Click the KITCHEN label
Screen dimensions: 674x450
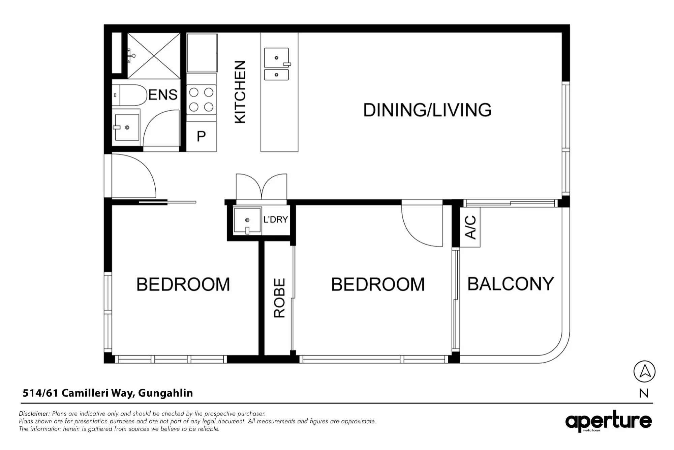(240, 92)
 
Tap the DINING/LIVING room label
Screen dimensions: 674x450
(427, 110)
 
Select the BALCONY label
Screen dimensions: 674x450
(511, 284)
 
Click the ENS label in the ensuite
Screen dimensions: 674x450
(163, 94)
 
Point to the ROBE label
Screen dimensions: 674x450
(279, 298)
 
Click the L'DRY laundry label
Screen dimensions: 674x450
(276, 220)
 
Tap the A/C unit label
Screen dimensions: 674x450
(470, 227)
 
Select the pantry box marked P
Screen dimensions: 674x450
(201, 137)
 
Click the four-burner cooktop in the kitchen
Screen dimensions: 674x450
(201, 100)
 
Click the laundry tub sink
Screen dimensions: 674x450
(248, 221)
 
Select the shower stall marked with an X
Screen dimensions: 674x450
(154, 56)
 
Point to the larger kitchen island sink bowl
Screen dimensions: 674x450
(277, 58)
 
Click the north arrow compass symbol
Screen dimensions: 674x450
(644, 371)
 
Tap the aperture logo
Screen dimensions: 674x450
(609, 421)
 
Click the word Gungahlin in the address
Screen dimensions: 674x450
(165, 393)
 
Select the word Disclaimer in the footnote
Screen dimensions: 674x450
(34, 414)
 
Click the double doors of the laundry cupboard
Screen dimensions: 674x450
(262, 187)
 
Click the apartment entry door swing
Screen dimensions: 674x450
(134, 175)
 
